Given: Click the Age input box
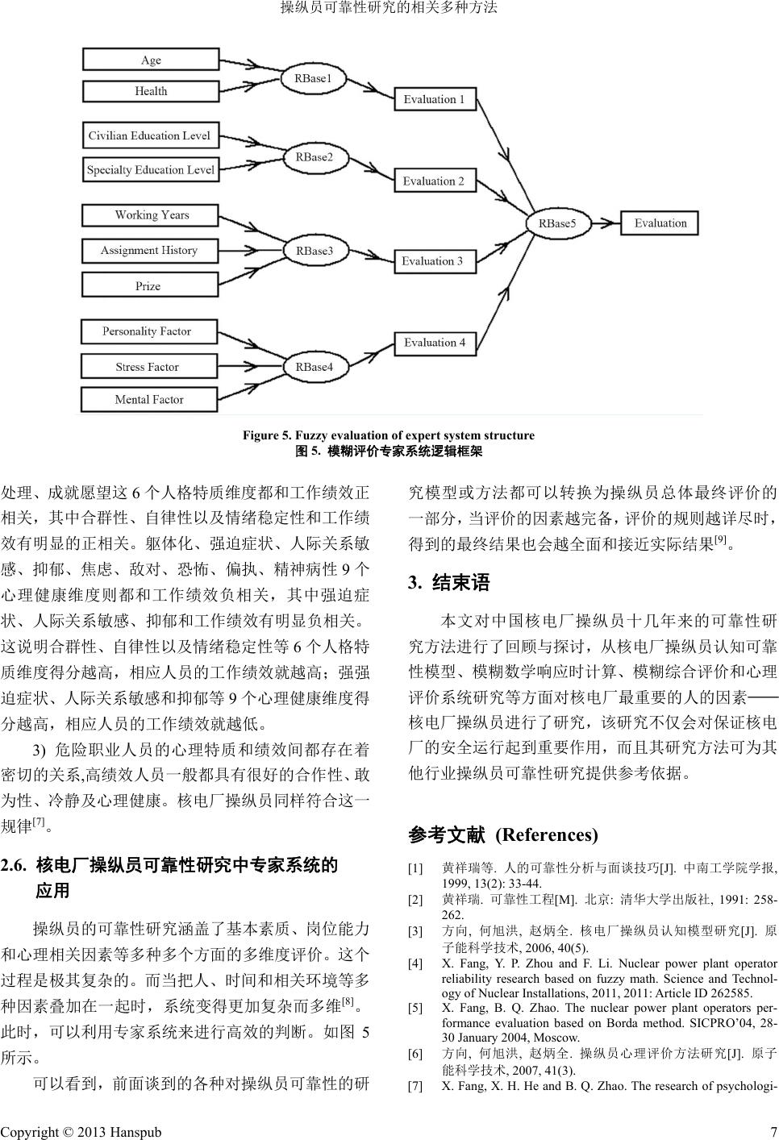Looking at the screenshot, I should (x=150, y=60).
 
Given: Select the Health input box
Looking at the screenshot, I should (x=150, y=91).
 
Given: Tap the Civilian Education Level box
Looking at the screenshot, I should (x=150, y=135).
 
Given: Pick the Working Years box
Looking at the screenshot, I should (x=150, y=215).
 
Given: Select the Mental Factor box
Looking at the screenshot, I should (x=150, y=399).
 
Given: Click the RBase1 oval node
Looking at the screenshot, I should (x=314, y=78).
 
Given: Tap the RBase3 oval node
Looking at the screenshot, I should (x=314, y=251).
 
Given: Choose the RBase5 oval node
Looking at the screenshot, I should (x=557, y=223).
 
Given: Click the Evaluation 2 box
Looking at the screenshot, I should (x=434, y=181).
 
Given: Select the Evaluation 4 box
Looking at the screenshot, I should (x=434, y=343).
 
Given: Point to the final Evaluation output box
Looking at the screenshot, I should (x=660, y=223).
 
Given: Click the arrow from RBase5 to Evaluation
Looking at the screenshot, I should (x=606, y=223).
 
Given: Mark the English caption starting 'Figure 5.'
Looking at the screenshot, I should (x=389, y=435).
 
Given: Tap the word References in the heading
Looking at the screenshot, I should (x=546, y=834).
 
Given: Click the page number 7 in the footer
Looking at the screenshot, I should (x=773, y=1132).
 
